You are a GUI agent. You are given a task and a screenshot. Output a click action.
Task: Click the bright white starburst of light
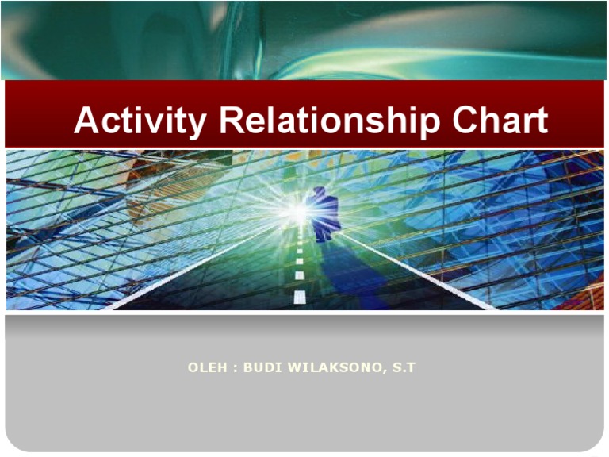[297, 211]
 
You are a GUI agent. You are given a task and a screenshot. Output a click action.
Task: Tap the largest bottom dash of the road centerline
[299, 297]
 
